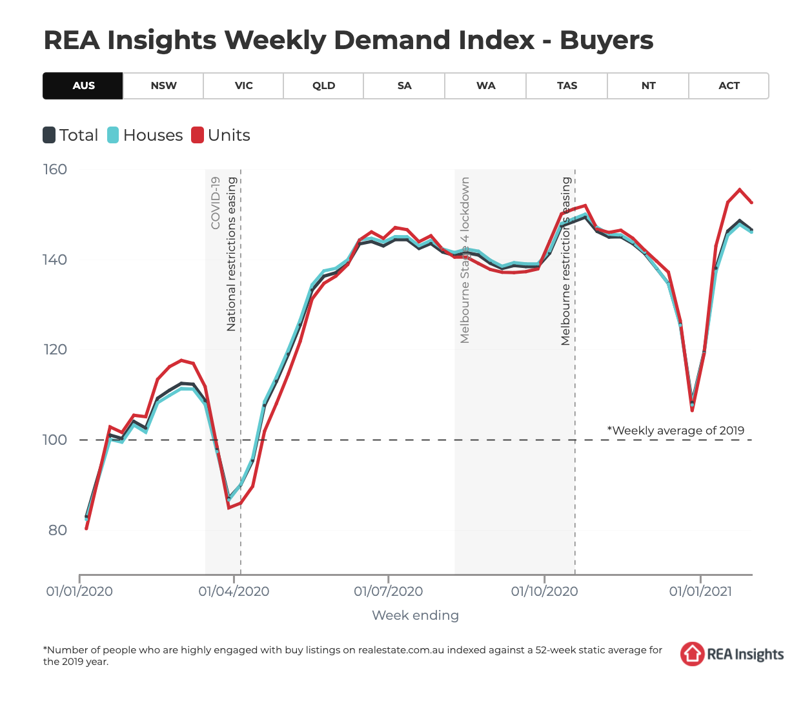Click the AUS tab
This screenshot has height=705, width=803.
tap(83, 86)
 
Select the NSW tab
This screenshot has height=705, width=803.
tap(163, 86)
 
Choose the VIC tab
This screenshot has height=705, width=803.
tap(243, 86)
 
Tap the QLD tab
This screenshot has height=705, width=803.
tap(323, 86)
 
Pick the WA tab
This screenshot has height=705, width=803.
tap(485, 86)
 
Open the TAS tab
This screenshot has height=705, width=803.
tap(567, 86)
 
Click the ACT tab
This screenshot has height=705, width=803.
tap(729, 86)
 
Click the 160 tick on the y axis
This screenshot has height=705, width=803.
tap(55, 170)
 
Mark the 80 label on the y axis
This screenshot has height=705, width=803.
tap(58, 530)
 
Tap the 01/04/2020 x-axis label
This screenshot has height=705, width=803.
tap(234, 591)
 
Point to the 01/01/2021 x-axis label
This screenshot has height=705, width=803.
tap(700, 591)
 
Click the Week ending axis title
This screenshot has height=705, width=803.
tap(415, 615)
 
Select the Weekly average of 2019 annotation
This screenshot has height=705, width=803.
tap(675, 431)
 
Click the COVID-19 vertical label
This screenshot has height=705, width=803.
tap(216, 203)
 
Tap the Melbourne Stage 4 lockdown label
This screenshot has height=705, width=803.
tap(465, 260)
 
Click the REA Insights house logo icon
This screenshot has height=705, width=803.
tap(692, 654)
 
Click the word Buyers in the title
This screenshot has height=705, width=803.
tap(606, 40)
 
